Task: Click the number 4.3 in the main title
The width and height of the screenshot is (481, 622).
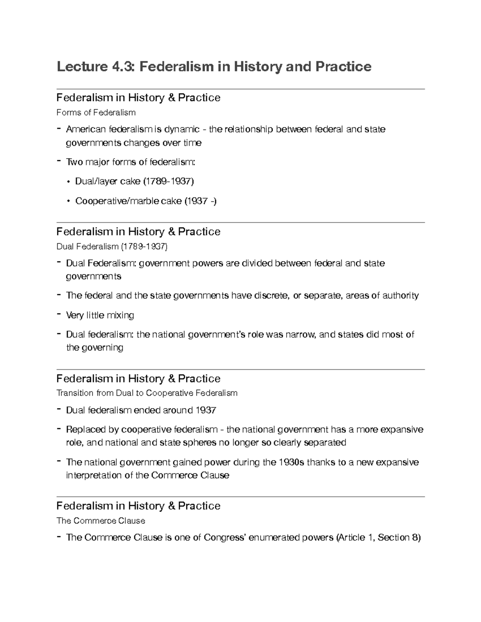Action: (119, 66)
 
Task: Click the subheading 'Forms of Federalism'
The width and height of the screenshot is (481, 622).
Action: (96, 113)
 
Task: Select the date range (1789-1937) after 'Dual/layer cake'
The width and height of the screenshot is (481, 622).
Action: (168, 181)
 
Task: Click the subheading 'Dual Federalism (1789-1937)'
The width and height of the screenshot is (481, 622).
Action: (112, 246)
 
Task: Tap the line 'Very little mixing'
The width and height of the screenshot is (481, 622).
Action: (100, 315)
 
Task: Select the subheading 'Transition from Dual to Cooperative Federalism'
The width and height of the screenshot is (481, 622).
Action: (147, 393)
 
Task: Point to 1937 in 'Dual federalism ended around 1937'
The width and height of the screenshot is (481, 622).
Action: (206, 410)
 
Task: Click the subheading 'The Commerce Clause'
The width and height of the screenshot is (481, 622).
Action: (101, 521)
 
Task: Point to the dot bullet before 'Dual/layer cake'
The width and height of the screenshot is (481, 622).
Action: (69, 182)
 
